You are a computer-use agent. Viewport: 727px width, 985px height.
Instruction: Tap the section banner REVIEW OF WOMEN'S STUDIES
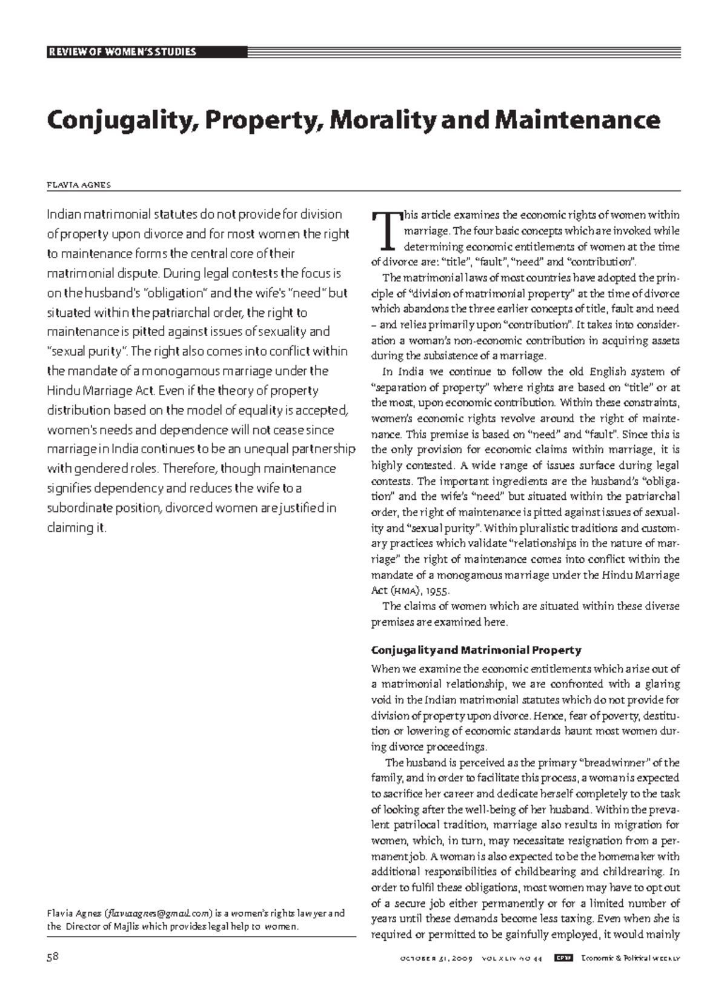click(121, 51)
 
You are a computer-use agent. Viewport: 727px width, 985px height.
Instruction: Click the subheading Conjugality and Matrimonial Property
click(476, 650)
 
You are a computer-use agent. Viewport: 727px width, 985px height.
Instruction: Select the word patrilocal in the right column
click(417, 825)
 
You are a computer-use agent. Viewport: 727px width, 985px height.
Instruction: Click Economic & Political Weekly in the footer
click(630, 958)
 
